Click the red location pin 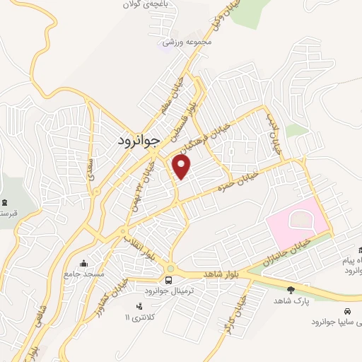pos(182,167)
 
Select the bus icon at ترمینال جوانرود pos(170,269)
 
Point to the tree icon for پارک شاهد pos(291,289)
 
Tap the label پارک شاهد pos(291,301)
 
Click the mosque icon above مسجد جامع pos(86,263)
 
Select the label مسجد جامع pos(86,274)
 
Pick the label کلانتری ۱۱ pos(138,316)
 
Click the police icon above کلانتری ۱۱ pos(138,305)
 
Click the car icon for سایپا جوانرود pos(346,311)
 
